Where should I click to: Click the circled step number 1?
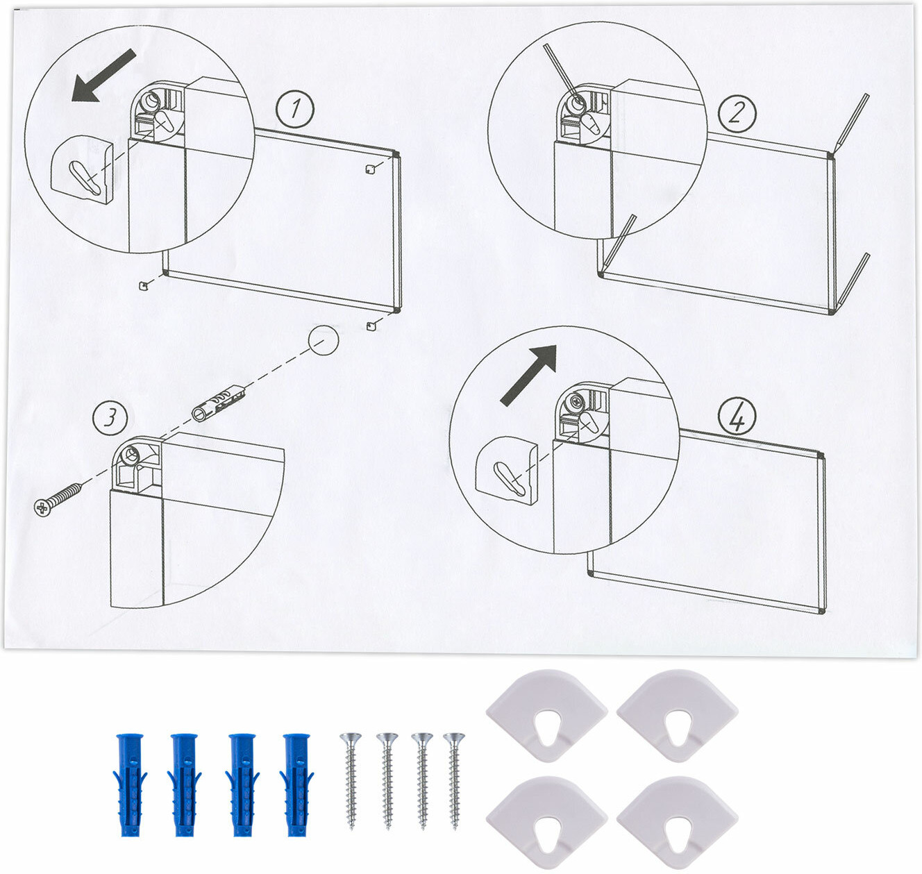click(294, 109)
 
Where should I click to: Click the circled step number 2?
click(737, 113)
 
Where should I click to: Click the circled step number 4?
click(737, 417)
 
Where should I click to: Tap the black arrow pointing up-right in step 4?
click(528, 375)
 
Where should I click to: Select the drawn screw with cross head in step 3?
click(58, 500)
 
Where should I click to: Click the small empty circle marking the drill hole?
click(323, 340)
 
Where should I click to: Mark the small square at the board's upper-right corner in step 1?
click(369, 169)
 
